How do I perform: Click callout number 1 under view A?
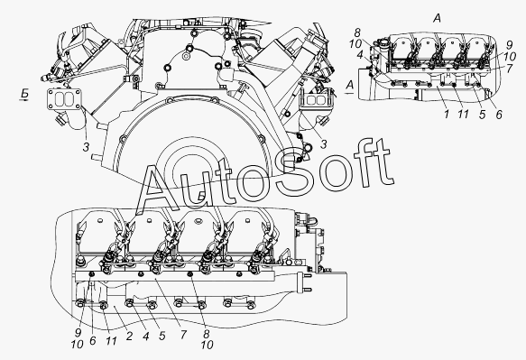pyautogui.click(x=447, y=115)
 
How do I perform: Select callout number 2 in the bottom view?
pyautogui.click(x=130, y=336)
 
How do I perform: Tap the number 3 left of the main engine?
pyautogui.click(x=87, y=147)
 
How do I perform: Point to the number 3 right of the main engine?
pyautogui.click(x=323, y=144)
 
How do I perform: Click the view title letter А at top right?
pyautogui.click(x=437, y=18)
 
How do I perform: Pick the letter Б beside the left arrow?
pyautogui.click(x=24, y=93)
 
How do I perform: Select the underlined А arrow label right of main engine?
pyautogui.click(x=350, y=85)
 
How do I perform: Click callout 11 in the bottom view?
pyautogui.click(x=111, y=341)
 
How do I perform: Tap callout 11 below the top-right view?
pyautogui.click(x=463, y=115)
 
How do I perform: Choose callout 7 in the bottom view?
pyautogui.click(x=183, y=335)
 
